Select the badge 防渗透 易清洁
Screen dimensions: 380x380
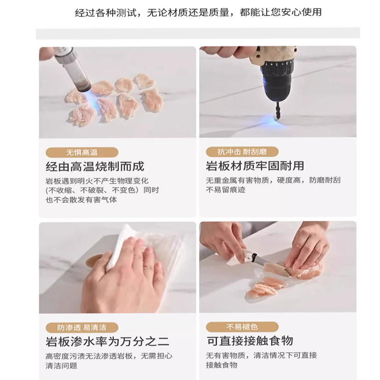[x=82, y=327]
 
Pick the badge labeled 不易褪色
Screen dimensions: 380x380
[x=242, y=327]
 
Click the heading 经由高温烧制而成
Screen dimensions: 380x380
[x=95, y=167]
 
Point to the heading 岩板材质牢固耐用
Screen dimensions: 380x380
[x=255, y=167]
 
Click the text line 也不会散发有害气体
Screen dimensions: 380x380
[x=81, y=200]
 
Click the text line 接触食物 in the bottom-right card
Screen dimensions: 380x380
[x=221, y=365]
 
